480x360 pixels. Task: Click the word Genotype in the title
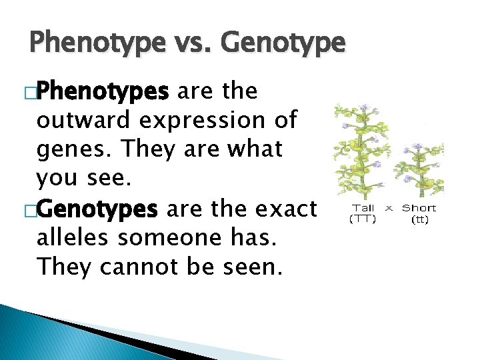pos(282,43)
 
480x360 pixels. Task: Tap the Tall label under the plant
pos(363,209)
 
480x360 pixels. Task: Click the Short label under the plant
pos(419,209)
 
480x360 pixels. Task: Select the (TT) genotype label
pos(363,218)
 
